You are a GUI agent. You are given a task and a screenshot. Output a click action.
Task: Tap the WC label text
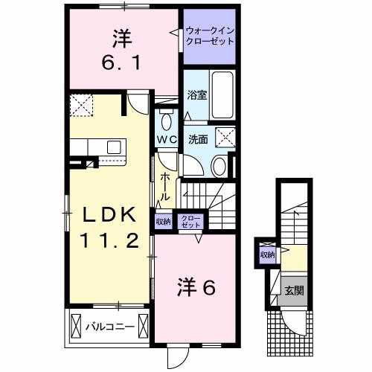click(x=165, y=140)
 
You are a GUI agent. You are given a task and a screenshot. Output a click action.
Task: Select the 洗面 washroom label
click(x=196, y=139)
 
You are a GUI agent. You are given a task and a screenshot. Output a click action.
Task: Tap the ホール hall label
click(x=165, y=185)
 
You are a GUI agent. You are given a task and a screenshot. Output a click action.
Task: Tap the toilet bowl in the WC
click(x=165, y=120)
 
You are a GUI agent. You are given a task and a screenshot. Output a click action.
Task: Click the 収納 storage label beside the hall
click(x=163, y=221)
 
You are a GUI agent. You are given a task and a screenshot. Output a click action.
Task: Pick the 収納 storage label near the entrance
click(x=267, y=255)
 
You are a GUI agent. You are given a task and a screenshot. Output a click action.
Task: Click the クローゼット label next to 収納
click(x=192, y=221)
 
